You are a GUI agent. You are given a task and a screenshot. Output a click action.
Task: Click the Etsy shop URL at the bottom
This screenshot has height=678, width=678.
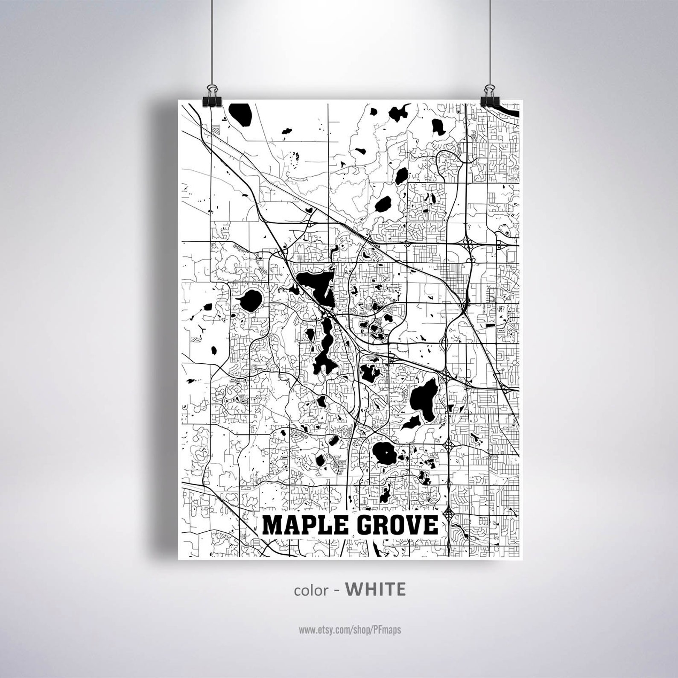pyautogui.click(x=350, y=630)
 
